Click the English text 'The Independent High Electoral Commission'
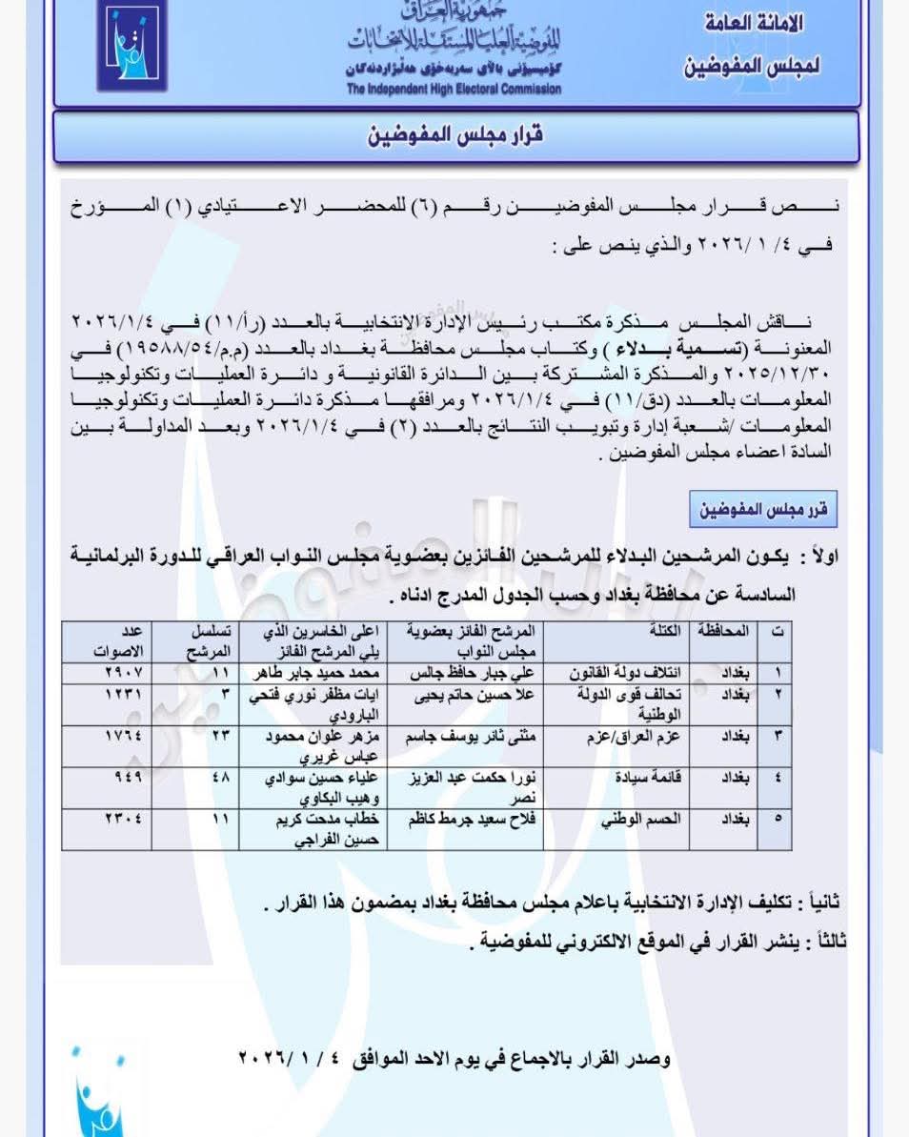(454, 90)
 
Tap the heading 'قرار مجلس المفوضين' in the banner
(455, 134)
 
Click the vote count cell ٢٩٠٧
(123, 674)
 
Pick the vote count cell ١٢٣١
(123, 695)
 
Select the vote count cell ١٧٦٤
(123, 736)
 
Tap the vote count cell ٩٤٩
(125, 777)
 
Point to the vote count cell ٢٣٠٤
(123, 819)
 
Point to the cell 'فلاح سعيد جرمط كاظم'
(474, 820)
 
